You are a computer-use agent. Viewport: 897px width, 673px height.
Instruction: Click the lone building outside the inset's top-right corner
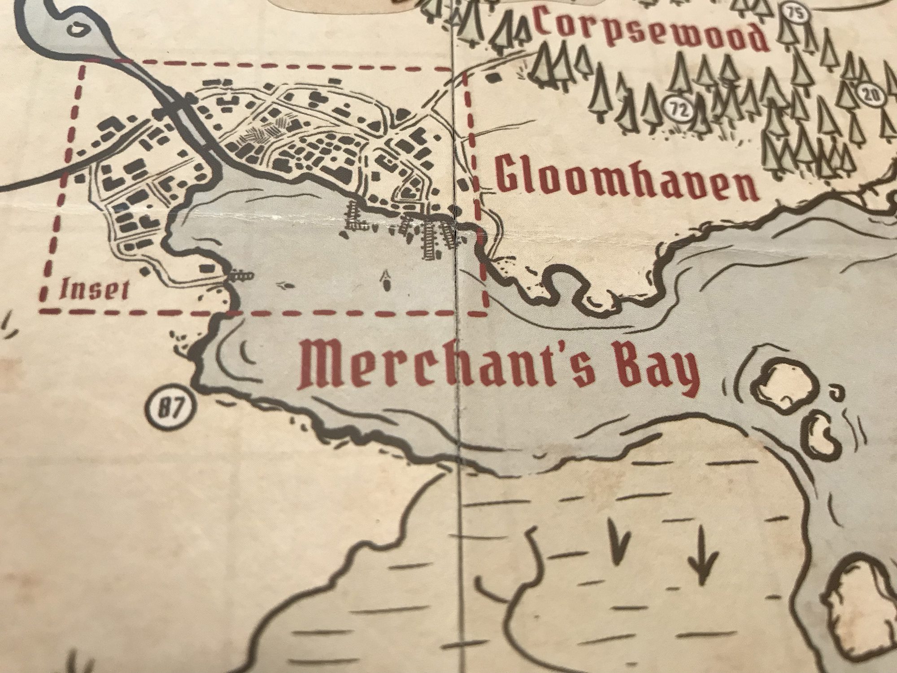pos(494,77)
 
